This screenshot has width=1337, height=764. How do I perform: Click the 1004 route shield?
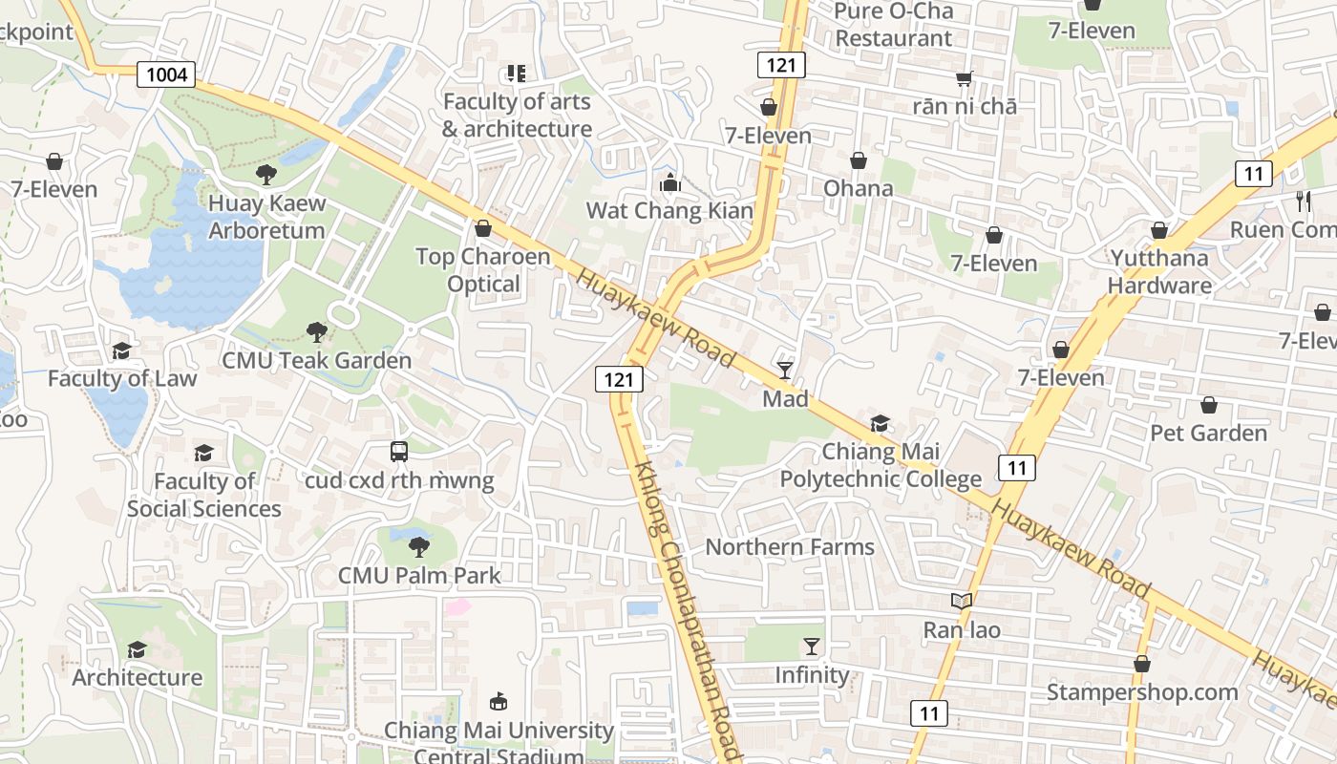pyautogui.click(x=166, y=74)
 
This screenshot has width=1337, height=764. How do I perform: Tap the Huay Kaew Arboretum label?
pyautogui.click(x=266, y=217)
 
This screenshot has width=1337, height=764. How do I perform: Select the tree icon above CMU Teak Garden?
pyautogui.click(x=316, y=331)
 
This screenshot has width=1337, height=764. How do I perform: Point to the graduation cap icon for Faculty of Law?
pyautogui.click(x=121, y=350)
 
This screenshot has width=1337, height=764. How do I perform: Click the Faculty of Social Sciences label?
pyautogui.click(x=203, y=495)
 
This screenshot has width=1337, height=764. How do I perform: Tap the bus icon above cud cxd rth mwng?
pyautogui.click(x=399, y=451)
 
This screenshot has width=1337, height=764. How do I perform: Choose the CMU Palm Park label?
pyautogui.click(x=419, y=575)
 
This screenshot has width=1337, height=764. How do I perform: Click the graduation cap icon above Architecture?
pyautogui.click(x=137, y=649)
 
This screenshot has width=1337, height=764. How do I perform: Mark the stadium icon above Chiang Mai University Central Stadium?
pyautogui.click(x=499, y=702)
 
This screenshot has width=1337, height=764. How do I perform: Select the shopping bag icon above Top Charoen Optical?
pyautogui.click(x=483, y=228)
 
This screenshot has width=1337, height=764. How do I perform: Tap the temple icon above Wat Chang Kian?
pyautogui.click(x=669, y=181)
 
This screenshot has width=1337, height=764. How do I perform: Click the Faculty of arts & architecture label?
pyautogui.click(x=517, y=115)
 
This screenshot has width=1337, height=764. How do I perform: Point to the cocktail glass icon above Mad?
pyautogui.click(x=785, y=370)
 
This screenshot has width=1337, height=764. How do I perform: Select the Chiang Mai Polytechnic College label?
pyautogui.click(x=881, y=465)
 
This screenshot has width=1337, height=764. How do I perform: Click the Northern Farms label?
pyautogui.click(x=790, y=547)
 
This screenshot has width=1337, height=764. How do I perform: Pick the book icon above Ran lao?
pyautogui.click(x=962, y=601)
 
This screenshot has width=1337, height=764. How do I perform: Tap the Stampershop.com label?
pyautogui.click(x=1141, y=691)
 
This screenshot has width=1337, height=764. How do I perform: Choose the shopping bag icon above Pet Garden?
pyautogui.click(x=1208, y=405)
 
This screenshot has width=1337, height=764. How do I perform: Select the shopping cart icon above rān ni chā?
pyautogui.click(x=964, y=78)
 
